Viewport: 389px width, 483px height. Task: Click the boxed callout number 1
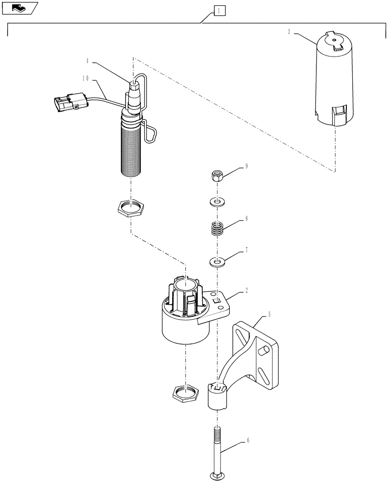click(x=219, y=10)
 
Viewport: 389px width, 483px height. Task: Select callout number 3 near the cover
click(x=289, y=32)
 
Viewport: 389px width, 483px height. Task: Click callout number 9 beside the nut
click(x=246, y=167)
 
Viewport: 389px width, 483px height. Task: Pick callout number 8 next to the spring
click(x=246, y=219)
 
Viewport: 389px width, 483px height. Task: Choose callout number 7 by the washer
click(x=246, y=250)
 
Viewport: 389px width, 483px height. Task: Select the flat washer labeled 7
click(x=217, y=262)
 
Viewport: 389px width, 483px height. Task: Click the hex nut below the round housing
click(x=185, y=394)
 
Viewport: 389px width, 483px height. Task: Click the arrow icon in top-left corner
click(x=19, y=7)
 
